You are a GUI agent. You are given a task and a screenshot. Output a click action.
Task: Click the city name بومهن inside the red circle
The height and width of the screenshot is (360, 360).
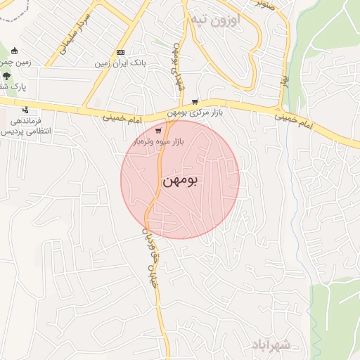point(180,181)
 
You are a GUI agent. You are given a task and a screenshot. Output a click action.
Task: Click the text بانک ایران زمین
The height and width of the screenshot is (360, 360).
point(120,63)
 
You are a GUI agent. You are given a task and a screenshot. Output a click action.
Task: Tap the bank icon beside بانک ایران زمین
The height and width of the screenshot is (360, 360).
point(120,53)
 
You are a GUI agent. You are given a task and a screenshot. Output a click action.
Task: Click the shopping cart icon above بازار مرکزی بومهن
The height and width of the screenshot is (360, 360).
point(195,102)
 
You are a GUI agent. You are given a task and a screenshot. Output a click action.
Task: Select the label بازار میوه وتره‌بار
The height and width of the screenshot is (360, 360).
point(159,141)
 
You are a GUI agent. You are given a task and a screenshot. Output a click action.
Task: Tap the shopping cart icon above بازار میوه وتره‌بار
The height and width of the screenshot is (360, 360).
point(159,130)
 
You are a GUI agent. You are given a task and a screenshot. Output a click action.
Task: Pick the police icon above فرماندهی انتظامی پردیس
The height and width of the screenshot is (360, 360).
point(26,110)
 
